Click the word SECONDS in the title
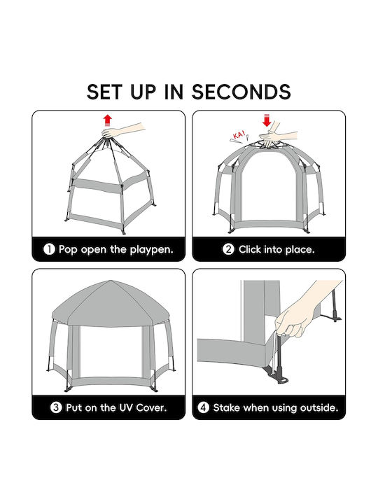241,92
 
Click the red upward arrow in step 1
107,120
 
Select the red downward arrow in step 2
267,120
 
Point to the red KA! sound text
239,134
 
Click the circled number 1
49,249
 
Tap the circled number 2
228,249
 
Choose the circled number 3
56,407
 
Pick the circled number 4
203,407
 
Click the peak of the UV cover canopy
111,281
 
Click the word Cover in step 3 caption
151,407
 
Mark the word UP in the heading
144,92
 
